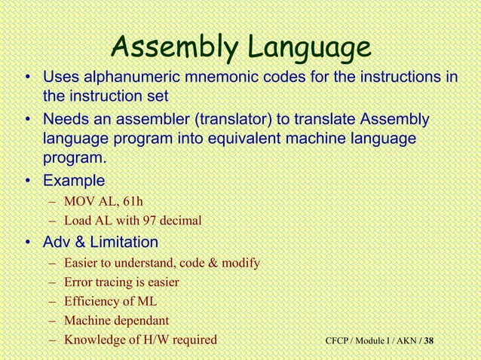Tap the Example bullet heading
click(x=73, y=181)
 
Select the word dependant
click(x=142, y=321)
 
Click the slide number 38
click(x=429, y=341)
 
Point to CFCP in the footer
click(x=339, y=341)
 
